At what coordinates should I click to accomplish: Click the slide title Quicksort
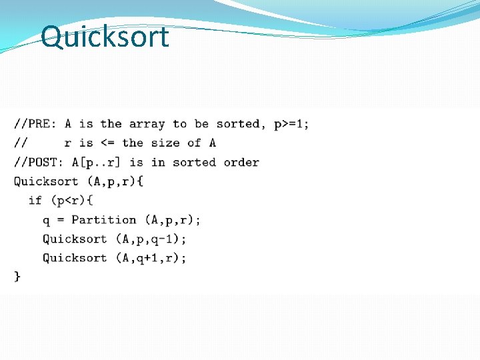(105, 37)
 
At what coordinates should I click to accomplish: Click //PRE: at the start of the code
(35, 124)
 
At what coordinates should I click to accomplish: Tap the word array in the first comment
(147, 124)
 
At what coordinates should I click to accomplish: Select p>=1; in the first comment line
(291, 124)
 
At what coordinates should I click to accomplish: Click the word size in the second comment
(165, 143)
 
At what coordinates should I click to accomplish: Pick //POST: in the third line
(39, 162)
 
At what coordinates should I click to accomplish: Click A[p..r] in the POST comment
(97, 162)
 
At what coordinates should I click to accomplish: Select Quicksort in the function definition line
(46, 181)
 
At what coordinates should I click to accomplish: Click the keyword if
(35, 200)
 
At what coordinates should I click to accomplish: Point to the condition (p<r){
(71, 200)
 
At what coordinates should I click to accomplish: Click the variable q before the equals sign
(46, 219)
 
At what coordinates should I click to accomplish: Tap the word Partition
(103, 219)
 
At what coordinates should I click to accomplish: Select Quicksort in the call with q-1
(75, 239)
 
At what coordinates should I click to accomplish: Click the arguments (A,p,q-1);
(151, 239)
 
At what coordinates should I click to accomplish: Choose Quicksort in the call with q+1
(75, 257)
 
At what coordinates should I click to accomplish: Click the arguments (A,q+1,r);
(151, 257)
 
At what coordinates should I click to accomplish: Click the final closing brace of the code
(17, 276)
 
